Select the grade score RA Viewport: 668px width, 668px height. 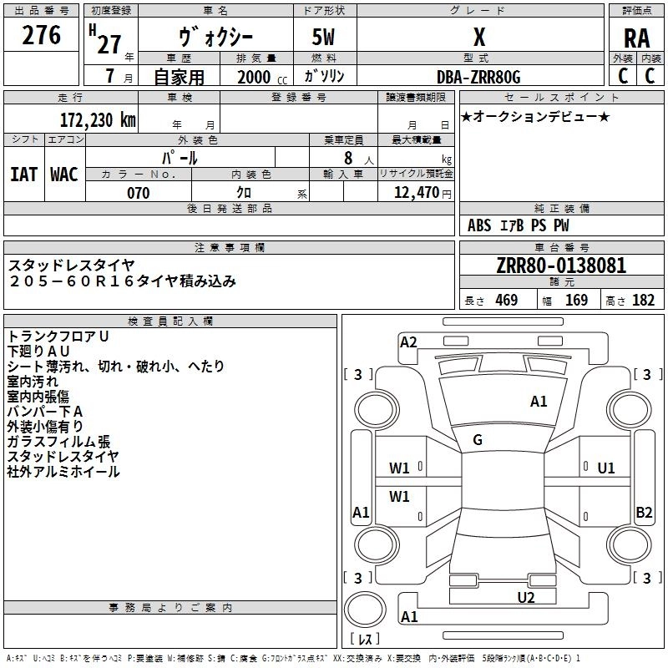click(636, 38)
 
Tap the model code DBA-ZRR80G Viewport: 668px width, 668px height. click(478, 77)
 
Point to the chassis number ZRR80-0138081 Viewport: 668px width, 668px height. click(560, 266)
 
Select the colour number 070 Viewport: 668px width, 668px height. click(138, 193)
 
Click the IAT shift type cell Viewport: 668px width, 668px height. click(23, 175)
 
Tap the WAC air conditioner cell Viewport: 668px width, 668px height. click(63, 175)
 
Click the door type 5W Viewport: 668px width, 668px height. click(325, 38)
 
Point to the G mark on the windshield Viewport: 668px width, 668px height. click(478, 440)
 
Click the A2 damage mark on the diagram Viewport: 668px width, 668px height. click(408, 342)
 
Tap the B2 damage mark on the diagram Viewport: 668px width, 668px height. click(644, 513)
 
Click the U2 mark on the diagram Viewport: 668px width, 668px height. click(525, 597)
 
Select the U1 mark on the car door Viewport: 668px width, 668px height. click(606, 468)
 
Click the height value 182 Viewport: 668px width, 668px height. click(644, 301)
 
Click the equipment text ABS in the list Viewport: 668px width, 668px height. click(479, 225)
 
